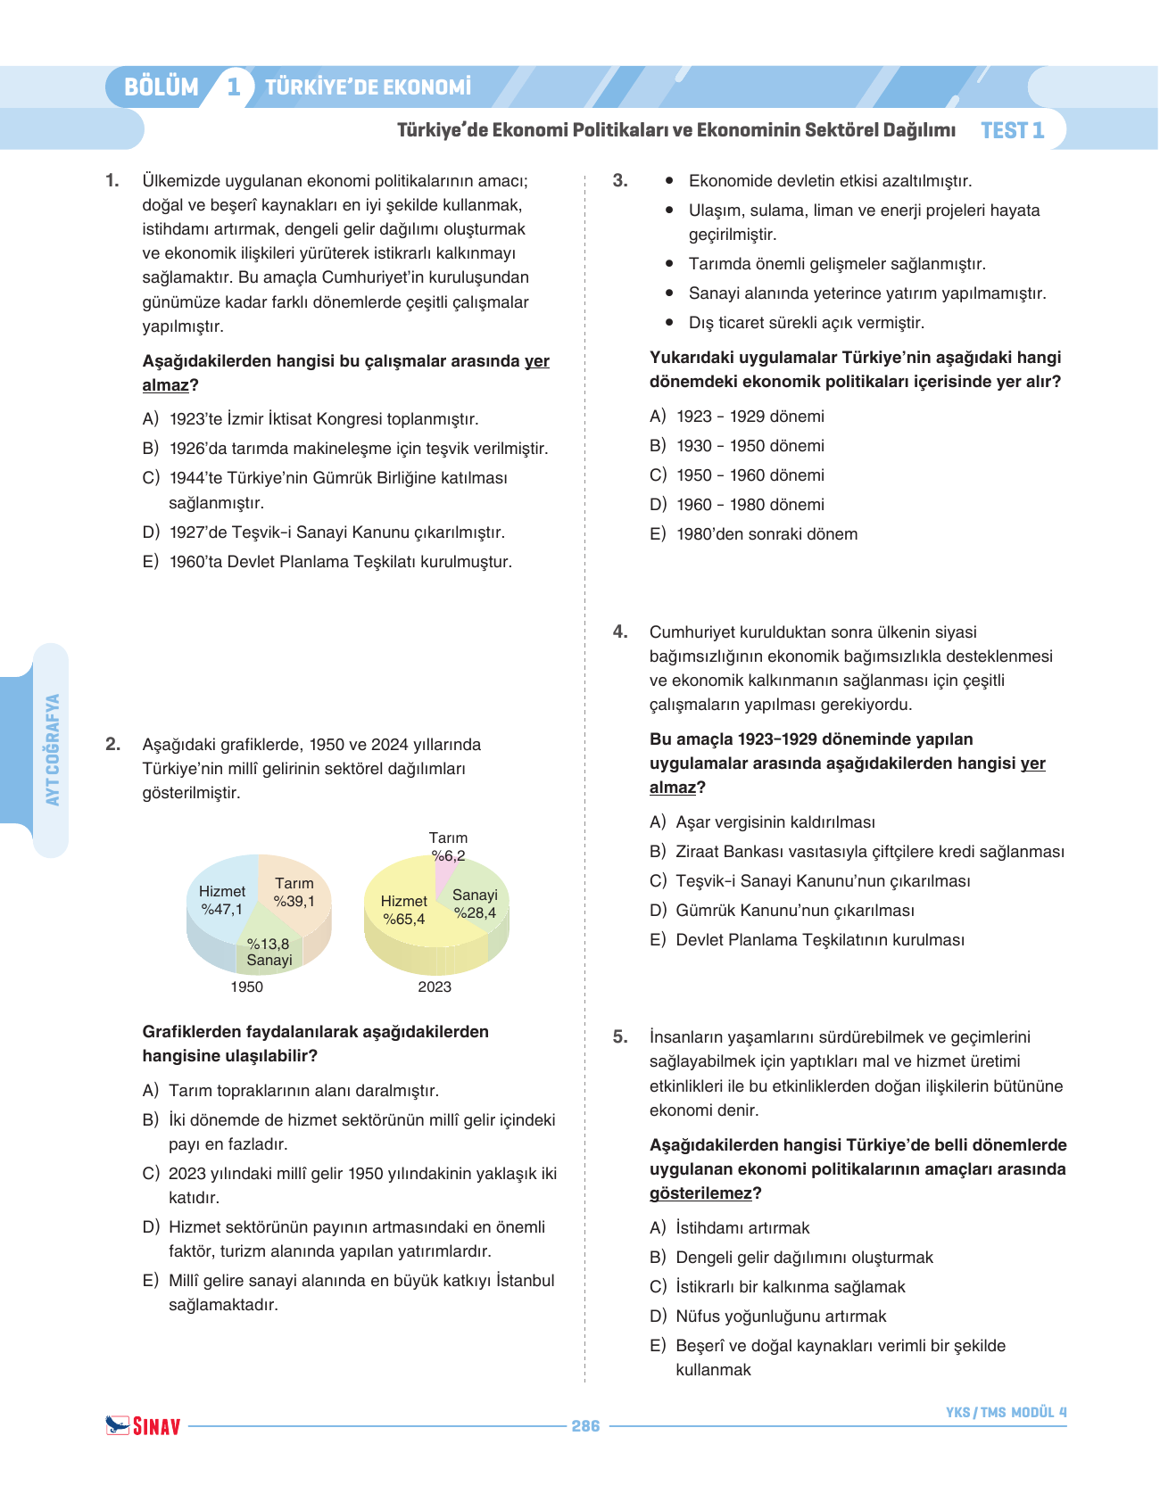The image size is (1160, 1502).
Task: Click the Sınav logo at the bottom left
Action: [x=143, y=1425]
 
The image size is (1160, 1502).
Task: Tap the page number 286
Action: [x=585, y=1426]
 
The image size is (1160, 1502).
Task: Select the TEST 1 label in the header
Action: [x=1012, y=130]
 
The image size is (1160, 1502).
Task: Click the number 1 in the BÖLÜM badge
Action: [x=234, y=87]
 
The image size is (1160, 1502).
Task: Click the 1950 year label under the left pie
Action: [x=247, y=986]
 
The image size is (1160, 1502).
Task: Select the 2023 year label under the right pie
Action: [x=435, y=986]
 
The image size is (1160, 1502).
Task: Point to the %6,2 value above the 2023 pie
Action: [x=448, y=855]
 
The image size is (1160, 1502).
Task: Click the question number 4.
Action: [x=620, y=632]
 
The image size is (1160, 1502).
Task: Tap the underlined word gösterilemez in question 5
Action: [x=700, y=1193]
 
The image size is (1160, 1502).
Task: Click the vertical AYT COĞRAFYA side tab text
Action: [x=53, y=749]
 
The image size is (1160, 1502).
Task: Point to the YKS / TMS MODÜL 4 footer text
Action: [x=1006, y=1412]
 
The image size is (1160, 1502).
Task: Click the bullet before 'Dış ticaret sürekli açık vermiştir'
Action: [x=669, y=322]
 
